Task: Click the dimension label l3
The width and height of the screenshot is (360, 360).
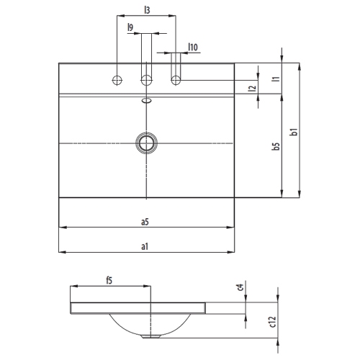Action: click(147, 10)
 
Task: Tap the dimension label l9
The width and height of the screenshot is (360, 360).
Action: click(130, 27)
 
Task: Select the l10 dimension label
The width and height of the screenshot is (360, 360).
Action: click(193, 47)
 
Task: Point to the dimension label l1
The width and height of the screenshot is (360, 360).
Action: click(276, 78)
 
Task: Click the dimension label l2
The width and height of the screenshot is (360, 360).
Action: click(252, 89)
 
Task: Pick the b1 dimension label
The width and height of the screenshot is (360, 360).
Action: click(294, 132)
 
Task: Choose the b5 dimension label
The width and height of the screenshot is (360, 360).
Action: click(276, 146)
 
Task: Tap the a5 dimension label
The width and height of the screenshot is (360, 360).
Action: click(145, 222)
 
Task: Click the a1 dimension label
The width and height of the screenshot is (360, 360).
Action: click(145, 246)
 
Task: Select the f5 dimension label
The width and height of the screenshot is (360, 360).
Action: click(109, 280)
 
